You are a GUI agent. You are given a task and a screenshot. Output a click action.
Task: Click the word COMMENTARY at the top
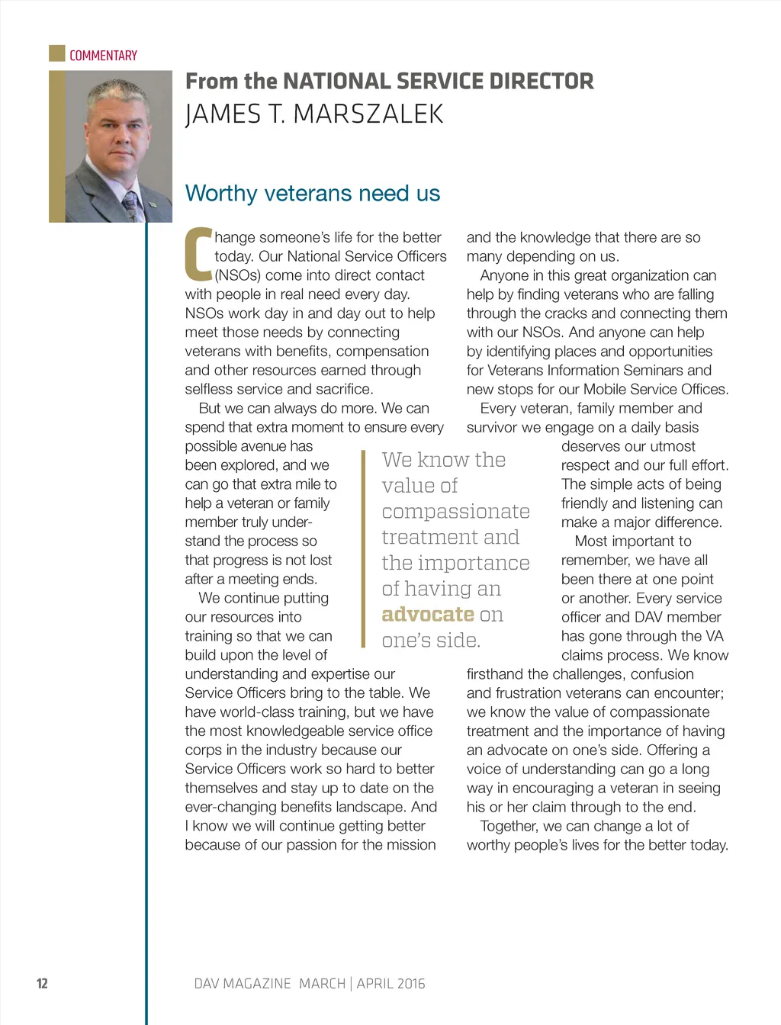(103, 56)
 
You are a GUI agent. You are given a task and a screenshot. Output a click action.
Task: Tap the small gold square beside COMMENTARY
(57, 53)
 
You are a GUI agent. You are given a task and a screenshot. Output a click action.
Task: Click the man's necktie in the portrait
(131, 204)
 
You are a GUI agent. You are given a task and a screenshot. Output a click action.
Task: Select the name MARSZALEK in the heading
(368, 114)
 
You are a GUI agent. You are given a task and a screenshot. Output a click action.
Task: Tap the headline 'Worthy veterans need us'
(313, 193)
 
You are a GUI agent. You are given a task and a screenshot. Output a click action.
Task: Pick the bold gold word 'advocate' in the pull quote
(428, 615)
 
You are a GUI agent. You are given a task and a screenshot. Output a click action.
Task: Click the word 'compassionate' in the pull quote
(455, 512)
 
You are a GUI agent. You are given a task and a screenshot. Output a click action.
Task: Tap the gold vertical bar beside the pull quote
(364, 549)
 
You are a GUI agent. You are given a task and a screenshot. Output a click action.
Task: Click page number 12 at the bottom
(42, 984)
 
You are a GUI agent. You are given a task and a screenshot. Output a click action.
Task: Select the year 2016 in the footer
(410, 984)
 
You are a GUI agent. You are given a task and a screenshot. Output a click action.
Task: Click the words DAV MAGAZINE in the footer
(243, 984)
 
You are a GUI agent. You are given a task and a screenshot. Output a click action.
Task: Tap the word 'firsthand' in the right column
(495, 674)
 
